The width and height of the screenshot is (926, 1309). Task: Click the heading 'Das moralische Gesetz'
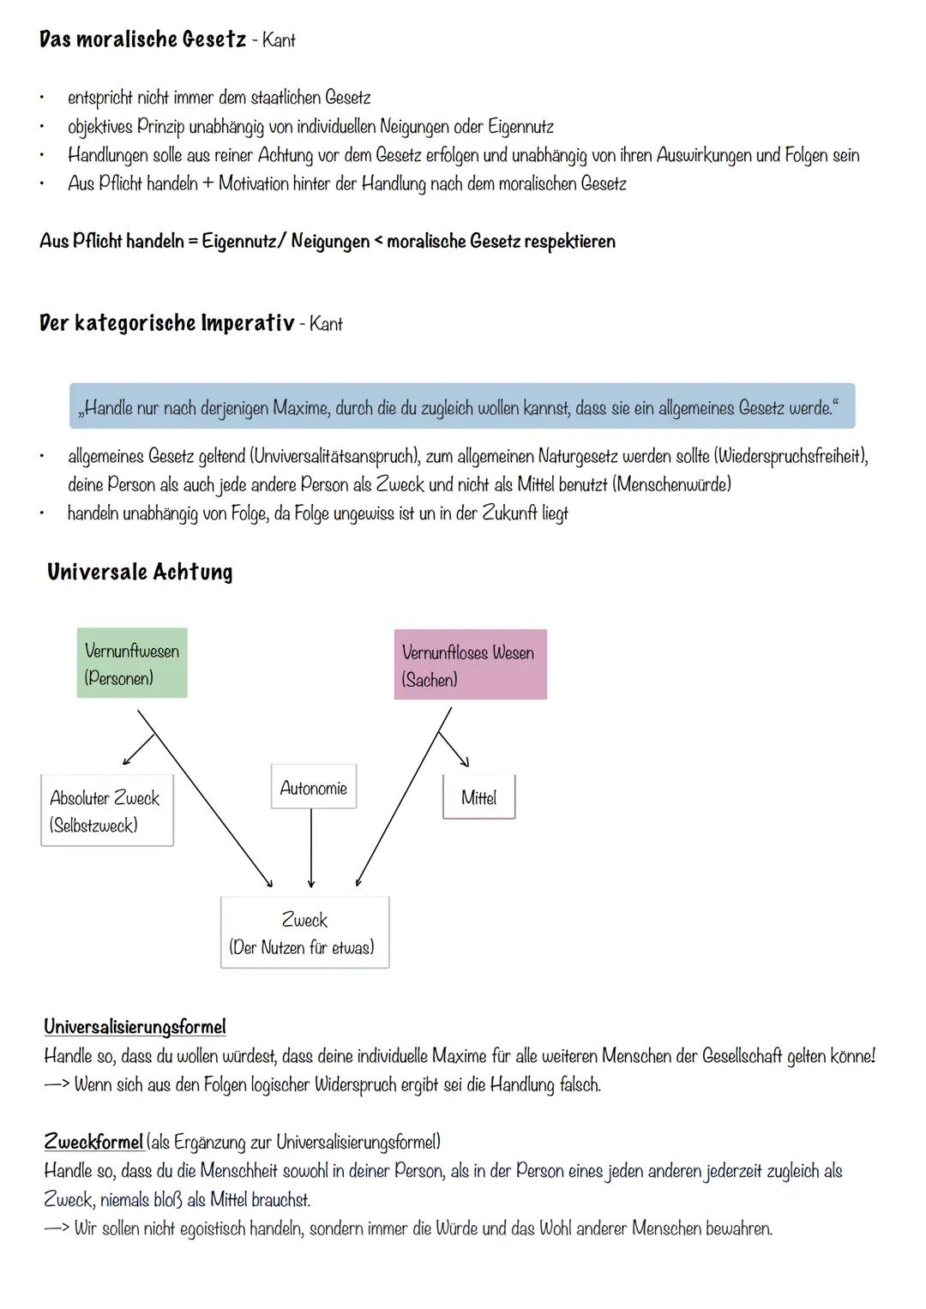coord(142,39)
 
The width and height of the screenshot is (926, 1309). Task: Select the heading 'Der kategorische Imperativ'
coord(166,323)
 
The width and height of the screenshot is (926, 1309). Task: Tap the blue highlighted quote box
coord(461,407)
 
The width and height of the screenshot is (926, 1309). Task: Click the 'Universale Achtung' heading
coord(140,572)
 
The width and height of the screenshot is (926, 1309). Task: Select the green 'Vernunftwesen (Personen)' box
coord(132,664)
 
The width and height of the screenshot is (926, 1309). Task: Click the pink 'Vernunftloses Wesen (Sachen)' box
coord(470,665)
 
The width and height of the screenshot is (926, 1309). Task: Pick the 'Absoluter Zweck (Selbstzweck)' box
coord(106,811)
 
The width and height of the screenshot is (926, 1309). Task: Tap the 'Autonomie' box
coord(313,787)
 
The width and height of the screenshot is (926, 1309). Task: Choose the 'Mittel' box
coord(478,797)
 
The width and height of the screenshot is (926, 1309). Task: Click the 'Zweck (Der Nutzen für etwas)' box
coord(304,933)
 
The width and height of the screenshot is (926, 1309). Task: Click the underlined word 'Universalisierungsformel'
coord(135,1026)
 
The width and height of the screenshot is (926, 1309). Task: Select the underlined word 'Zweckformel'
coord(93,1141)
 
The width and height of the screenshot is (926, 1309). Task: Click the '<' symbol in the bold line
coord(377,242)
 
